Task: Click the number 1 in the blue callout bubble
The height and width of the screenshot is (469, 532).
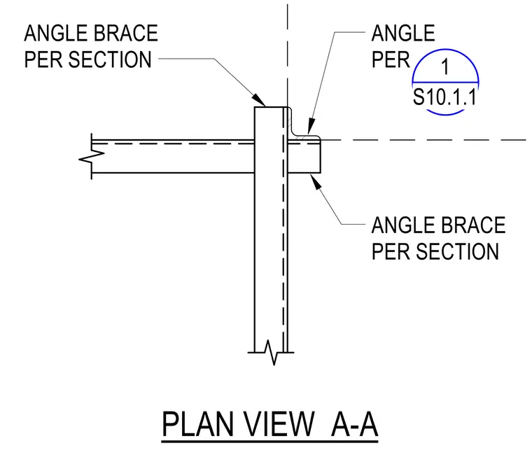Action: (x=445, y=66)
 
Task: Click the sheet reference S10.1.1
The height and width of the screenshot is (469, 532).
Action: (x=444, y=97)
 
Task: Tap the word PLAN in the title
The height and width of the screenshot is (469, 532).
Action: (x=198, y=424)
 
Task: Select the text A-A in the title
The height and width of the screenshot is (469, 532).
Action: (x=355, y=424)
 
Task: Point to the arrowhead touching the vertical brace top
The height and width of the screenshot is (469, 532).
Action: (x=259, y=100)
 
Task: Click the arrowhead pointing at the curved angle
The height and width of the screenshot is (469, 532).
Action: (x=310, y=126)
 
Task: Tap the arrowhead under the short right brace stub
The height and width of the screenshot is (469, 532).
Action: (x=316, y=181)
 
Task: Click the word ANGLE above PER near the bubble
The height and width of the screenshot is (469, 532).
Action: (x=403, y=34)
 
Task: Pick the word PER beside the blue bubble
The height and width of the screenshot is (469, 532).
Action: (x=391, y=59)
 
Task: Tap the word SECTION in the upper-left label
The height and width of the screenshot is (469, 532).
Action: (x=110, y=59)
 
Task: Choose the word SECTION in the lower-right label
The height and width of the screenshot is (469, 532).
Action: (x=457, y=251)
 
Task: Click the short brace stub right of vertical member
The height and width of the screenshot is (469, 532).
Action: (x=304, y=156)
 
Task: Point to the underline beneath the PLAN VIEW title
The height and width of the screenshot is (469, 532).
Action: (x=269, y=442)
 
